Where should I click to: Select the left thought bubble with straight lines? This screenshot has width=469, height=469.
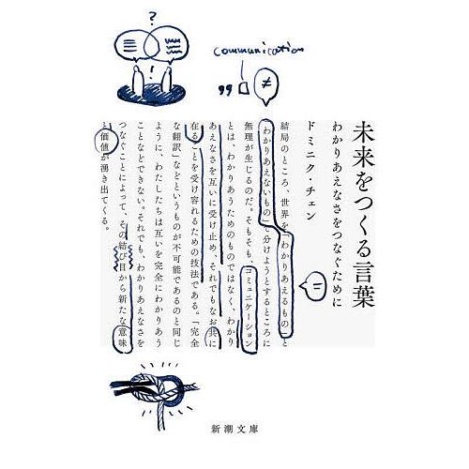pos(133,46)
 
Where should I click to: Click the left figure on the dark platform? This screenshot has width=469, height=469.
pos(139,83)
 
